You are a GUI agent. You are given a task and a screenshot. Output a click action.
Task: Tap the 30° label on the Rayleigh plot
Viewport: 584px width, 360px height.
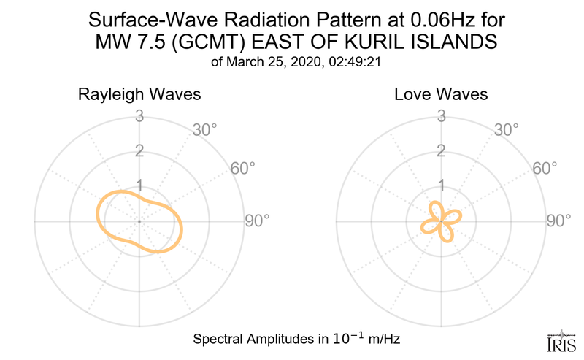[x=204, y=131]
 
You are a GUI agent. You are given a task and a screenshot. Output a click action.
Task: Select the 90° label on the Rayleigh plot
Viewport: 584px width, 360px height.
[x=256, y=221]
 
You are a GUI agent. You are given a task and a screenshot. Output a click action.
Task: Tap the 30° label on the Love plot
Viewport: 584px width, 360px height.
[x=506, y=131]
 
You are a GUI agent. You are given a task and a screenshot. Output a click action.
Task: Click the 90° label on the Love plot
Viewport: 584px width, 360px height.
[x=558, y=221]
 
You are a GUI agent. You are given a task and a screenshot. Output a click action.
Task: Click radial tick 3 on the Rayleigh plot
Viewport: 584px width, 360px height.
[x=139, y=116]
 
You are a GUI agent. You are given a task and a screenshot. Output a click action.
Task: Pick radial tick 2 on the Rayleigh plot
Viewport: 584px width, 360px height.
[x=139, y=151]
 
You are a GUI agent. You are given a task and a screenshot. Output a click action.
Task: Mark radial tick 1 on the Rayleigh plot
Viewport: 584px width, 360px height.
[x=139, y=185]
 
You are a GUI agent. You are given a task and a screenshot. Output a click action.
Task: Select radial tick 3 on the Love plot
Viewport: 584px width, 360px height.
[x=441, y=116]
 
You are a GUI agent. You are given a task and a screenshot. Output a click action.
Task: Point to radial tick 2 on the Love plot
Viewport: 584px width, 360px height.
[x=441, y=151]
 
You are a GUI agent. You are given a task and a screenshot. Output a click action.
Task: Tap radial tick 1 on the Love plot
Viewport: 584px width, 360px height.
[x=441, y=185]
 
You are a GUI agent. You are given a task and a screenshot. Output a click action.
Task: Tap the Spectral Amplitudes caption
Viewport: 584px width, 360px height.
[x=296, y=340]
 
